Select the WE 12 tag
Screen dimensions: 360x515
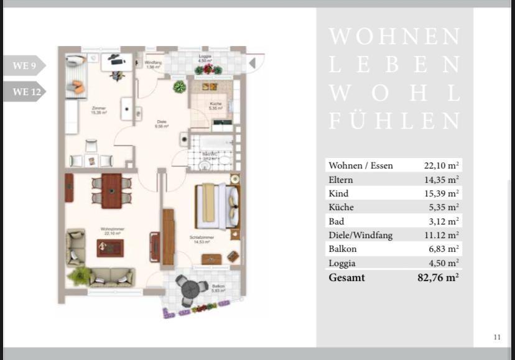pyautogui.click(x=22, y=92)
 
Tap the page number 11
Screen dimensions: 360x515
pyautogui.click(x=496, y=337)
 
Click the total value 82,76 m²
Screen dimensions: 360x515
pyautogui.click(x=438, y=277)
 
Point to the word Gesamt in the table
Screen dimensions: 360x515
pyautogui.click(x=346, y=277)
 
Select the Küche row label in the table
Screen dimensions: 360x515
pyautogui.click(x=341, y=207)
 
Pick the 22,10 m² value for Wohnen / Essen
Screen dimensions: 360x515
pyautogui.click(x=441, y=165)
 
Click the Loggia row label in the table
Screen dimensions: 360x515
pyautogui.click(x=343, y=263)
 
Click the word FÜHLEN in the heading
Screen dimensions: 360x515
pyautogui.click(x=394, y=121)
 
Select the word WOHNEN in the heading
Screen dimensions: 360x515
pyautogui.click(x=394, y=37)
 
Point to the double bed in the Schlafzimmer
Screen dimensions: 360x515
pyautogui.click(x=218, y=206)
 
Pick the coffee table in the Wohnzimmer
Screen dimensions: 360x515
pyautogui.click(x=110, y=247)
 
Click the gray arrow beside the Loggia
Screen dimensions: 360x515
pyautogui.click(x=253, y=63)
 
